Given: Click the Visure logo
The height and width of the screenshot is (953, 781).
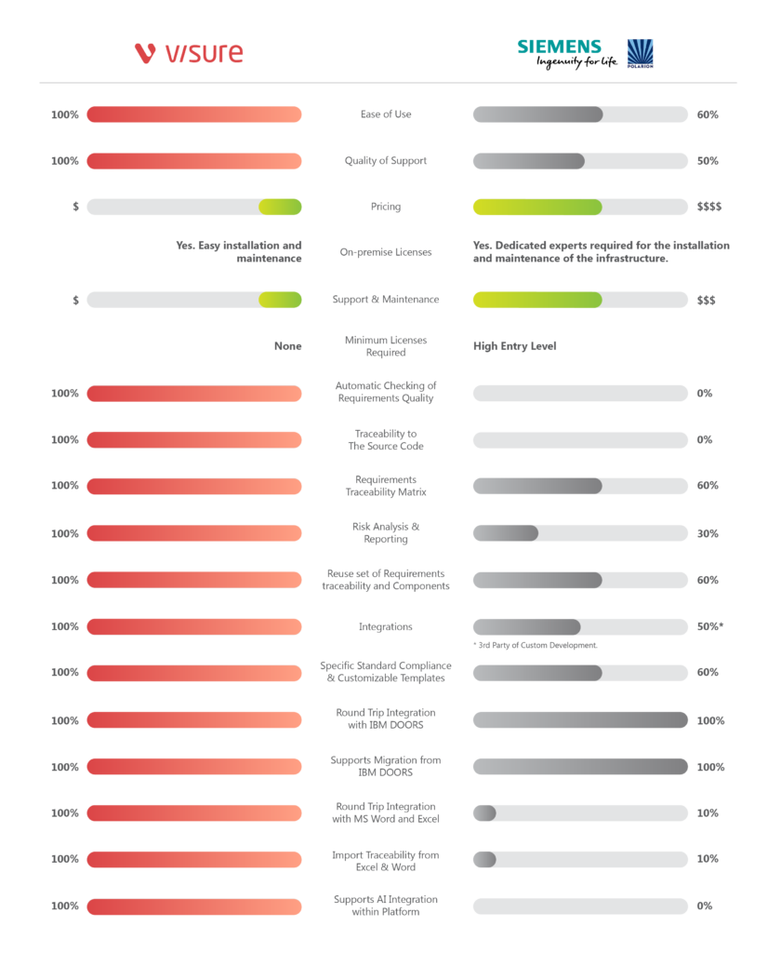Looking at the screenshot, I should pyautogui.click(x=189, y=53).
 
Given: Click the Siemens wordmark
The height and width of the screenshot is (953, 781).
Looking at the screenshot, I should pyautogui.click(x=559, y=47).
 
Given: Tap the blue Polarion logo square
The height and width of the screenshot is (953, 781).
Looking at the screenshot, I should pyautogui.click(x=641, y=53).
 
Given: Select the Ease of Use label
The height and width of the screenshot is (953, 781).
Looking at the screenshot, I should pyautogui.click(x=386, y=114).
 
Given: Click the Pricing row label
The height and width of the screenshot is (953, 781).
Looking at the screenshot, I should pyautogui.click(x=386, y=207).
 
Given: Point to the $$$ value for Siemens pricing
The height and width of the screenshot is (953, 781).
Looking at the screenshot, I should pyautogui.click(x=708, y=207).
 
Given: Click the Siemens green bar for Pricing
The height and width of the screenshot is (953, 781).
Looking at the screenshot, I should pyautogui.click(x=537, y=207).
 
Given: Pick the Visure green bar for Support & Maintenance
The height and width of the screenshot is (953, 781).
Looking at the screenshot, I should pyautogui.click(x=280, y=300).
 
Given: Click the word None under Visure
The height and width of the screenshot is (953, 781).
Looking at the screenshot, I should pyautogui.click(x=287, y=346).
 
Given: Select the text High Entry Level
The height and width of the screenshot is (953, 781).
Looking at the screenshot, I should pyautogui.click(x=515, y=346).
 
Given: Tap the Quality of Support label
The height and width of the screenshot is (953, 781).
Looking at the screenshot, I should pyautogui.click(x=386, y=161).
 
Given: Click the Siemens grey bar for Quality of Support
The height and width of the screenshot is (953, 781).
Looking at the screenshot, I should pyautogui.click(x=528, y=161).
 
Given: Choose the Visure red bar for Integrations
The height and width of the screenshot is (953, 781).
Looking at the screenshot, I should pyautogui.click(x=194, y=626).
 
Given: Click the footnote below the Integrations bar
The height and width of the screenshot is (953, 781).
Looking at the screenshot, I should pyautogui.click(x=535, y=645).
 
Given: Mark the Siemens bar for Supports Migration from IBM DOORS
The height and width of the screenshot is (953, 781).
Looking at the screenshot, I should pyautogui.click(x=580, y=767).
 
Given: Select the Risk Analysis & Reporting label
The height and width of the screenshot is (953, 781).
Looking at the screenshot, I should pyautogui.click(x=386, y=532).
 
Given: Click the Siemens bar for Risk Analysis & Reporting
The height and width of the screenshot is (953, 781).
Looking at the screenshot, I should pyautogui.click(x=506, y=532).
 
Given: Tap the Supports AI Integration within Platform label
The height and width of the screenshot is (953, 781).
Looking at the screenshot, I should pyautogui.click(x=386, y=906).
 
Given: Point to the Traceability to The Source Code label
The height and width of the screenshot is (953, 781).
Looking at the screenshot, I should pyautogui.click(x=386, y=439).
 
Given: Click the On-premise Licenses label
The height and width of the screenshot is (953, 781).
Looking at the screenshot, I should pyautogui.click(x=386, y=252).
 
